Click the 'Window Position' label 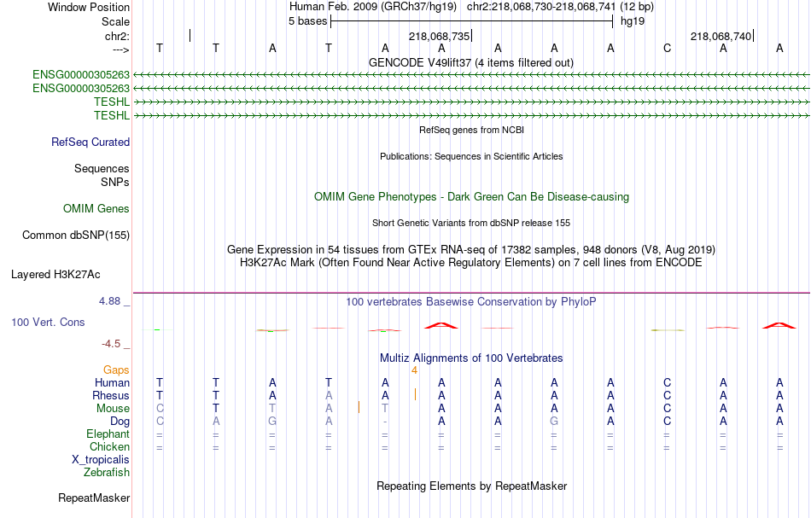89,7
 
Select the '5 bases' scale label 307,21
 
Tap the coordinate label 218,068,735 439,36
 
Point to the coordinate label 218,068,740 721,36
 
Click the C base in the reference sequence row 667,49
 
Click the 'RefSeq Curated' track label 90,143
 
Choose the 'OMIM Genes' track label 96,208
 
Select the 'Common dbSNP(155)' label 76,236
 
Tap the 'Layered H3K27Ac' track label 55,275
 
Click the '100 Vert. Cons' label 48,322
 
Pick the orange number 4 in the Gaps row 414,370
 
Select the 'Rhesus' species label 111,395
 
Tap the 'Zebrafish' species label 107,473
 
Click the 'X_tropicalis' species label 101,460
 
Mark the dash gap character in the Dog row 385,422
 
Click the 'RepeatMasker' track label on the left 94,498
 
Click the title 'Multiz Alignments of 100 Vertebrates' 471,358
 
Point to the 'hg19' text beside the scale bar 633,21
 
